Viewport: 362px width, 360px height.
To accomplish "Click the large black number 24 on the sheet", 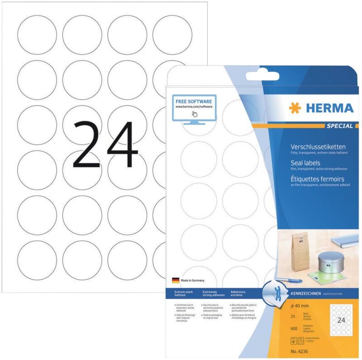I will coord(105,144).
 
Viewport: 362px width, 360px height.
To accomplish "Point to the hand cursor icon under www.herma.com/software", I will coord(194,114).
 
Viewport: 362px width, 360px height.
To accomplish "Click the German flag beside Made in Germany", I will coord(176,280).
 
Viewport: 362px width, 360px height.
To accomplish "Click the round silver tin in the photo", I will coord(326,261).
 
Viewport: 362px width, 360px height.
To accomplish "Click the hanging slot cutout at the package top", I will coord(261,76).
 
